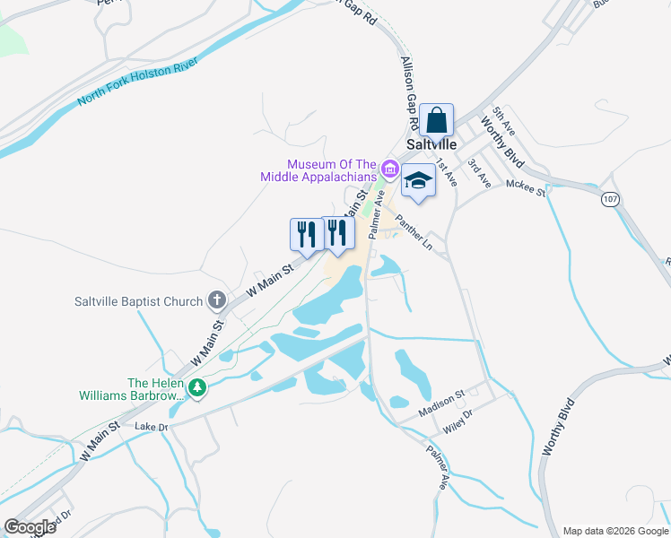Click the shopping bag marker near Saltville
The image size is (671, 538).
[x=436, y=119]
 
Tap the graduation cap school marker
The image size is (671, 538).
[x=418, y=181]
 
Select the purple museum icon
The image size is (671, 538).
[x=389, y=169]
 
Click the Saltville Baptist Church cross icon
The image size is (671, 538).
[x=216, y=300]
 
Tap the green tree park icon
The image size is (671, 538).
[x=196, y=388]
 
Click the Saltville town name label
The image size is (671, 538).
[x=432, y=143]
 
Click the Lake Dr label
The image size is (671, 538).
[x=152, y=427]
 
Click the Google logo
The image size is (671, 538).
[x=30, y=527]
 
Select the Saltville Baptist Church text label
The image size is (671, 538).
[x=138, y=301]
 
